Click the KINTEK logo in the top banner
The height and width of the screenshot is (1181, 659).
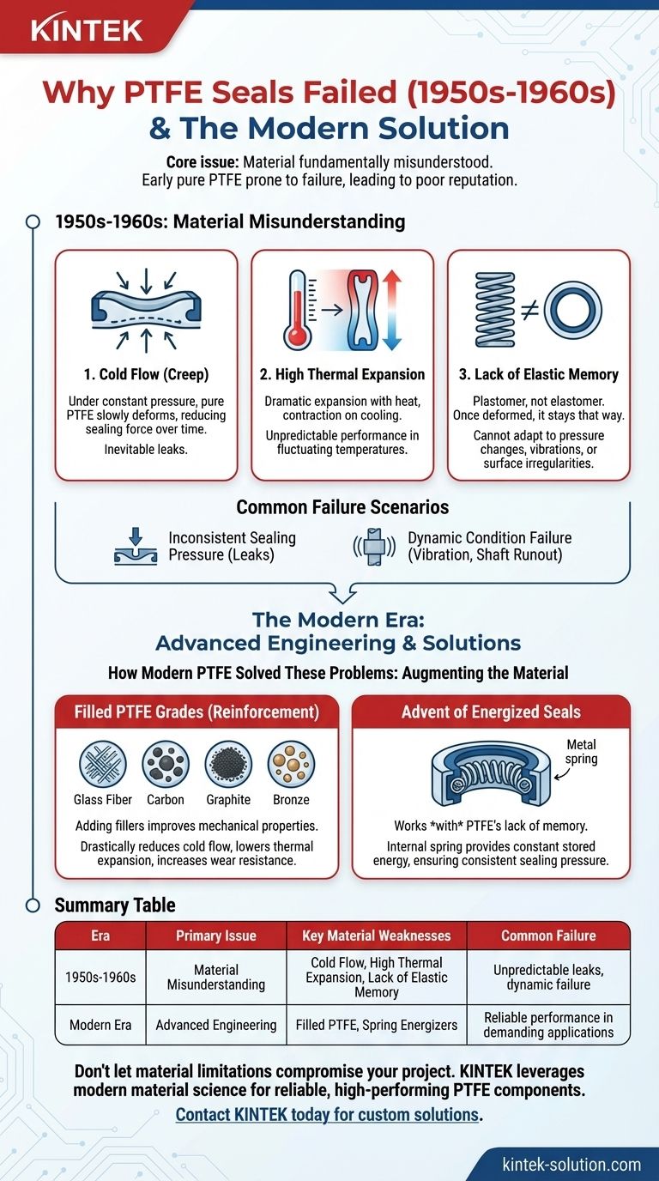87,30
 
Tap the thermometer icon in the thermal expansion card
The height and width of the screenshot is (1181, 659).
298,310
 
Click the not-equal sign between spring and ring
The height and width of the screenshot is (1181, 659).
529,311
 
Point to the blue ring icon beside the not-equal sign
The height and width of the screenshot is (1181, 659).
573,310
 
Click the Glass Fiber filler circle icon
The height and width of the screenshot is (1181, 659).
103,764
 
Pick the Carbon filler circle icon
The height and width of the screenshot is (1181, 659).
166,764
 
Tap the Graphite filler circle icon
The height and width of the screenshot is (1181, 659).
228,764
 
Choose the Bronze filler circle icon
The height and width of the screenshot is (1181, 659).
291,764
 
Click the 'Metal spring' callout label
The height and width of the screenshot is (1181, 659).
581,751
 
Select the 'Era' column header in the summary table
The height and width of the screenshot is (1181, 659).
100,936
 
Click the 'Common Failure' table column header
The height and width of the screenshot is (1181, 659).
548,936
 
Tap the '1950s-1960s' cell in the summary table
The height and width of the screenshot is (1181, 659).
100,977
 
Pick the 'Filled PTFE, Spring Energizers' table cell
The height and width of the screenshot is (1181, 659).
377,1025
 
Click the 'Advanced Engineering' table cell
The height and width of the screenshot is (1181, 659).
216,1025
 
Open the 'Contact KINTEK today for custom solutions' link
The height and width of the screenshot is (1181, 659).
327,1114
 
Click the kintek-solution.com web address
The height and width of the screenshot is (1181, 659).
571,1164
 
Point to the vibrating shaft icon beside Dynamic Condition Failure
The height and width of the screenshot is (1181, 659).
374,547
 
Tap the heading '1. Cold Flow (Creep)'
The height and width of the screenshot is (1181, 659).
146,374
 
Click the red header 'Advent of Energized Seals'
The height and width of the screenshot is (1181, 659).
491,712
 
